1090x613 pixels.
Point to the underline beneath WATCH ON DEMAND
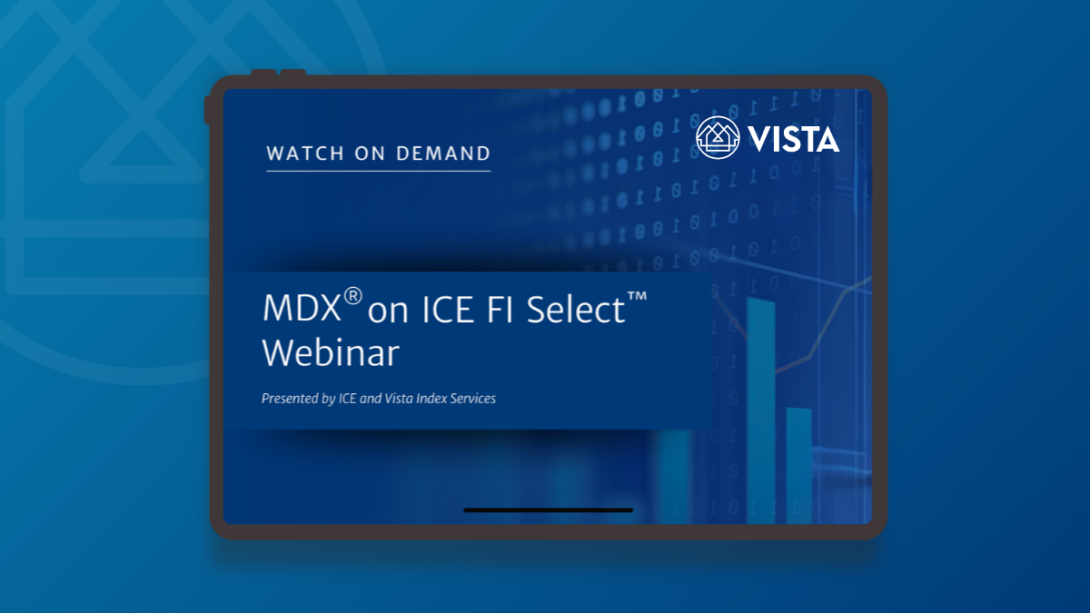[378, 171]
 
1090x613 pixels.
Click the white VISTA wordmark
[794, 138]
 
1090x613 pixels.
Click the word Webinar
[331, 353]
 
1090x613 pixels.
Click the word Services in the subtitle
[473, 399]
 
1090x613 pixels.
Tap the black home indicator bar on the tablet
[548, 510]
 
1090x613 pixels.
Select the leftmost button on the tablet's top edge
[263, 72]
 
